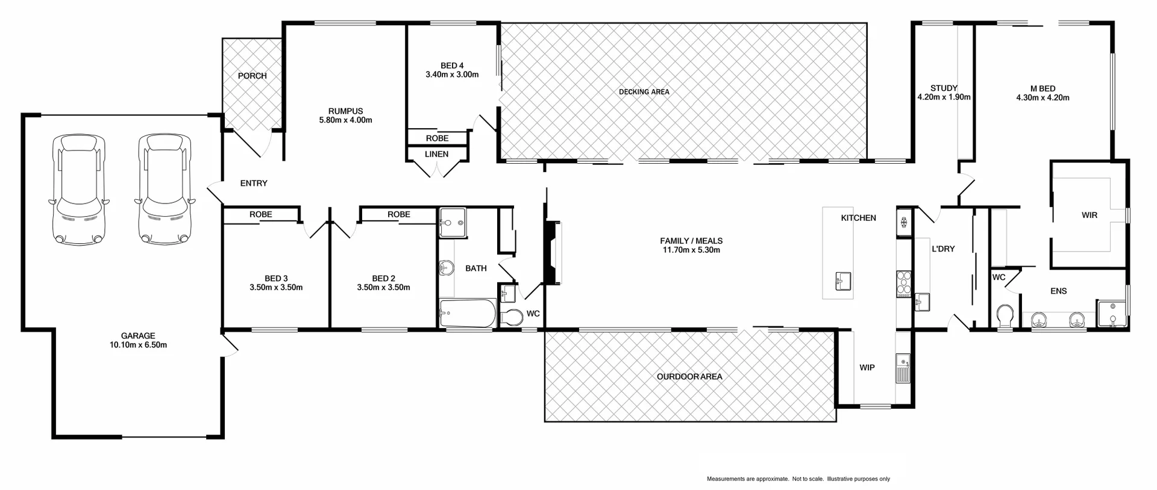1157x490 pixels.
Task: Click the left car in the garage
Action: (78, 190)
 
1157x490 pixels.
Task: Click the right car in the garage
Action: (165, 190)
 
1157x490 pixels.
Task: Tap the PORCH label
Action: (252, 76)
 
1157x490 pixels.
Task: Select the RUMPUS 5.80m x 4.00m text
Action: (345, 116)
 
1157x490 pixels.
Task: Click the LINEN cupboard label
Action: (436, 154)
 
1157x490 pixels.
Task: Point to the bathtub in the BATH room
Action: (467, 314)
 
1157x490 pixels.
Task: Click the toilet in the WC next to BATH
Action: (512, 317)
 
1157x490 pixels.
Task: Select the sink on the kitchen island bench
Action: (842, 281)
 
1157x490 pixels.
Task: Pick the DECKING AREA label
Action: (644, 92)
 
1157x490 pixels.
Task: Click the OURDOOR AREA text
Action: (689, 377)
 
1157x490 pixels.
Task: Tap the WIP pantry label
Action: (867, 368)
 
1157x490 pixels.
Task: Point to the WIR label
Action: (1089, 215)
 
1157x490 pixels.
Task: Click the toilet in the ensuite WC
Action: (1005, 315)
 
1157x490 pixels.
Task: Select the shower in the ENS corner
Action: (1111, 314)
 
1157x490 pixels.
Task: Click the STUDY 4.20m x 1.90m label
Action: (943, 92)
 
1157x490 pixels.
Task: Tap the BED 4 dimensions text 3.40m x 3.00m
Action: (452, 75)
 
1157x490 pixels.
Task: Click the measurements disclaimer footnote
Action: (798, 479)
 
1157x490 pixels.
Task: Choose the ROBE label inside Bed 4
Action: (437, 138)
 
